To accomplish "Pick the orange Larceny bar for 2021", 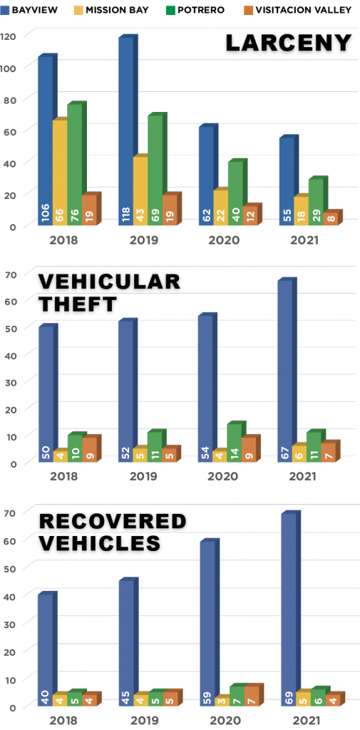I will pos(331,219).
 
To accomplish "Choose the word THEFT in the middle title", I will pos(78,304).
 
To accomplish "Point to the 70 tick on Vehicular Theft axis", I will pos(13,274).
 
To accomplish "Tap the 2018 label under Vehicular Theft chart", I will pos(64,475).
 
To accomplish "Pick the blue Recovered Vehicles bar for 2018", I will pos(45,649).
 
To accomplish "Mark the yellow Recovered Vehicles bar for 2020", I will pos(221,701).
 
